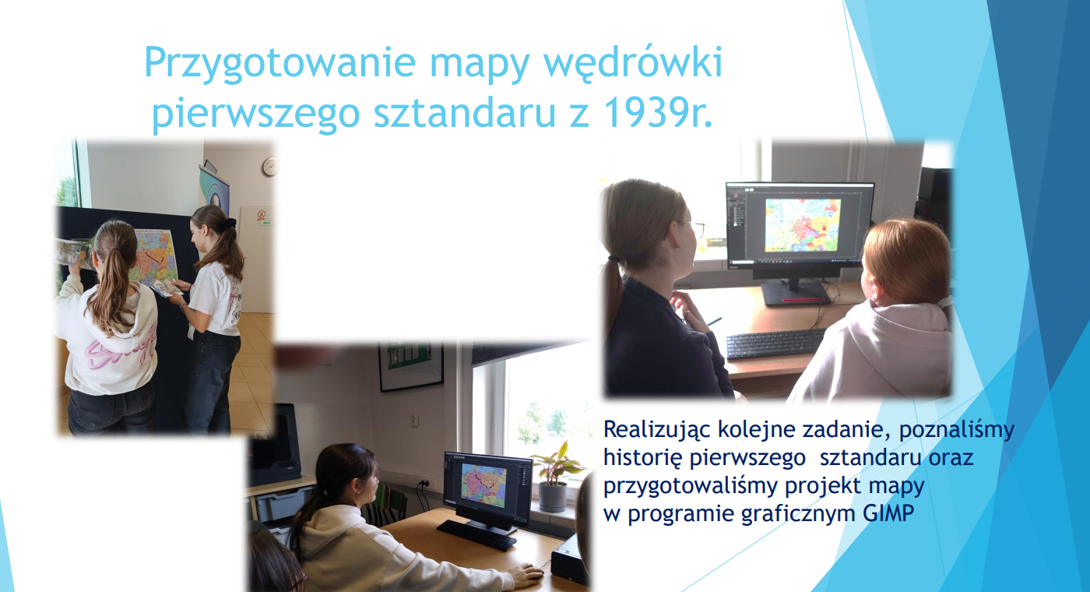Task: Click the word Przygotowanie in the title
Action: click(280, 64)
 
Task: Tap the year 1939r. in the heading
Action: click(657, 114)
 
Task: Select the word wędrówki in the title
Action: click(632, 64)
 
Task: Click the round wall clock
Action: click(271, 167)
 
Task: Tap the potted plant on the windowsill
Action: click(555, 476)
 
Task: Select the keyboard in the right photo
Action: click(775, 344)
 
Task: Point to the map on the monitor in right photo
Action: click(803, 225)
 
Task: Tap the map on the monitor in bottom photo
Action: click(483, 485)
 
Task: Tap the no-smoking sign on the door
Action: click(262, 214)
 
